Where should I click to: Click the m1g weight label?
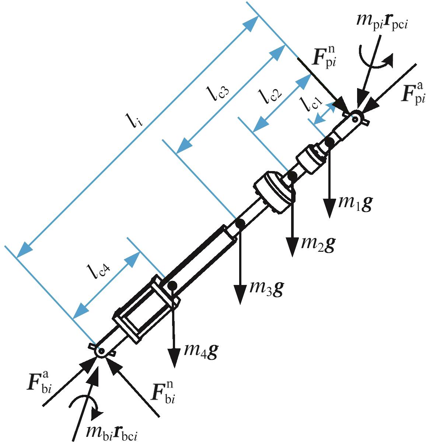[355, 203]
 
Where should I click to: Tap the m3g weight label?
[266, 289]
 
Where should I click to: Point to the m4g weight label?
[201, 351]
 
